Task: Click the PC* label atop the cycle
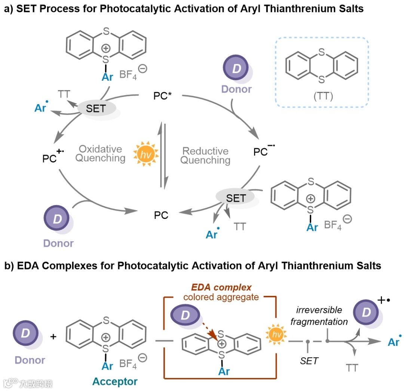(163, 96)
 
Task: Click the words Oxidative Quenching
(100, 153)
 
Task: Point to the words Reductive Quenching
(206, 156)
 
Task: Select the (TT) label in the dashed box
(322, 97)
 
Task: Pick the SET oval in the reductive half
(236, 198)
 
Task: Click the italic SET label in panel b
(309, 360)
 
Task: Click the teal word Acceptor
(115, 381)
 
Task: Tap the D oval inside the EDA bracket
(186, 315)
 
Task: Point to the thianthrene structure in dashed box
(322, 67)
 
